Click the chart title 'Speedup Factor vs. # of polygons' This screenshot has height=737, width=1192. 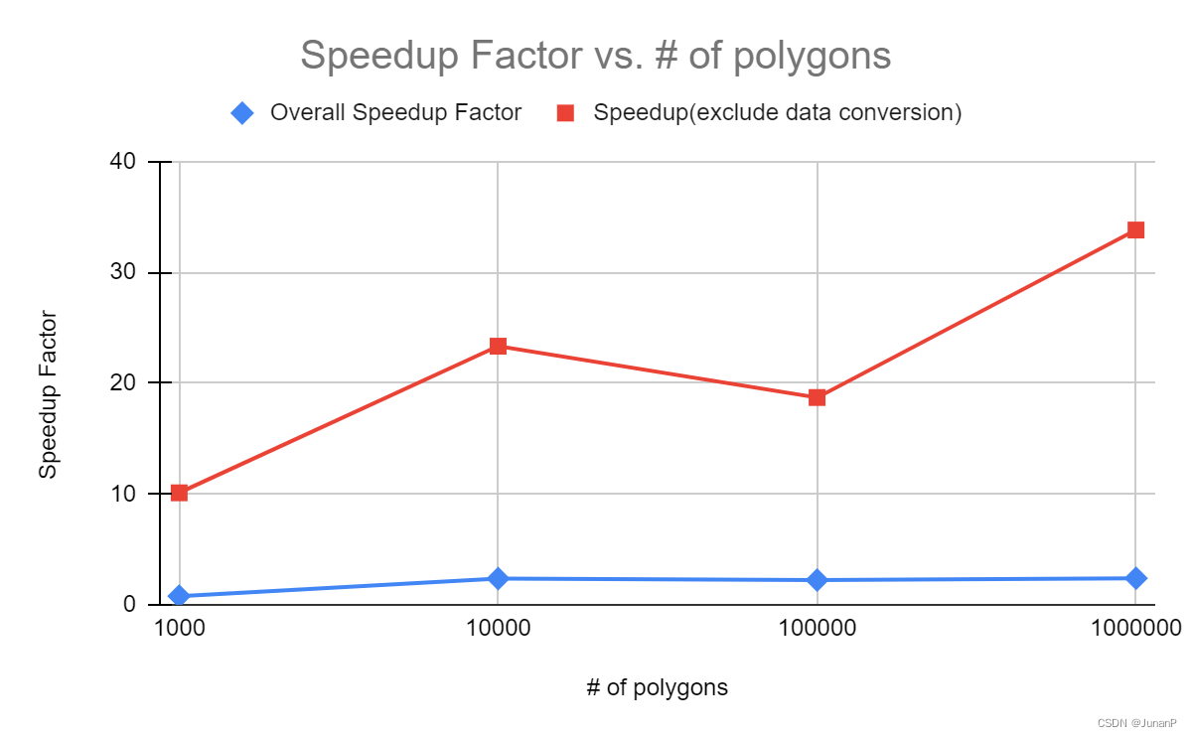[595, 56]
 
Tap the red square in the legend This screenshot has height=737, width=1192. [565, 112]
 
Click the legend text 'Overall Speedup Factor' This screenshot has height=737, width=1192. [395, 112]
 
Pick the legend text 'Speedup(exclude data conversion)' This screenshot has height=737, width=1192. [777, 112]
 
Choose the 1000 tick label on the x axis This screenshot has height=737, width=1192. [180, 629]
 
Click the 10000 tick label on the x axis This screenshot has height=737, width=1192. [498, 629]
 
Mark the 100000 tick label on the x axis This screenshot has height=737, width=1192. [817, 629]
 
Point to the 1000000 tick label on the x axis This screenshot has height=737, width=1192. [1135, 629]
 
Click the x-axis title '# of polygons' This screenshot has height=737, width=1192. [657, 687]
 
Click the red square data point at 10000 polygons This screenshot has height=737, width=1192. [498, 346]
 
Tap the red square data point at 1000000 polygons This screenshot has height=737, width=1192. [1135, 230]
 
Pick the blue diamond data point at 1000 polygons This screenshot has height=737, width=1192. [180, 596]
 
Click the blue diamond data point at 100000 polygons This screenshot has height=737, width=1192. [817, 580]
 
